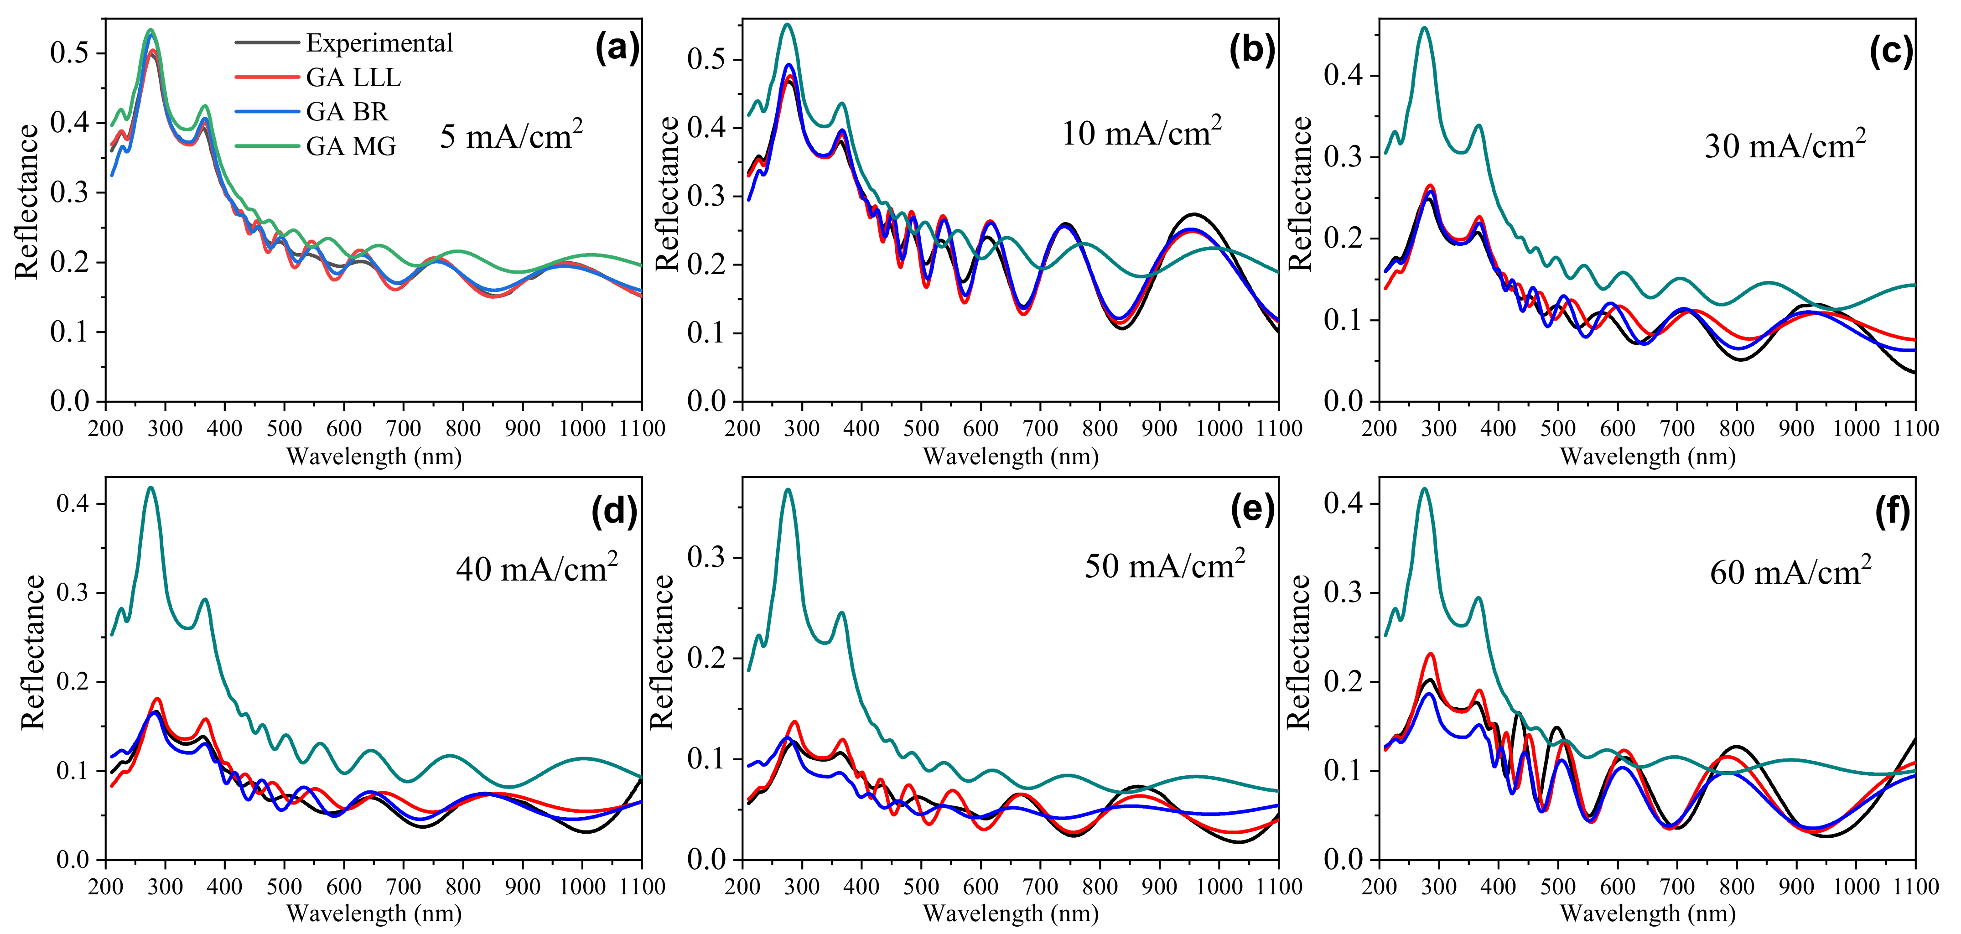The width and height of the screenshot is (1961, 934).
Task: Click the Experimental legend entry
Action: [x=379, y=43]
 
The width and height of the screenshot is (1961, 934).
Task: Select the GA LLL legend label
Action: [x=353, y=78]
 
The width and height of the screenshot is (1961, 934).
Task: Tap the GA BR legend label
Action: [x=347, y=112]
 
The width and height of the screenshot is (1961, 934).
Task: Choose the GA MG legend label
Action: [x=351, y=146]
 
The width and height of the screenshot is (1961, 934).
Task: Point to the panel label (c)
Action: [x=1891, y=51]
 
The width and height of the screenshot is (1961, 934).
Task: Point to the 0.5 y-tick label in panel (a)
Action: [x=68, y=53]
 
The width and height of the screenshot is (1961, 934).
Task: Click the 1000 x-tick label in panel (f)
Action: [x=1856, y=887]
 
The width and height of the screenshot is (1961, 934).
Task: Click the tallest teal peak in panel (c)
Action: [x=1424, y=28]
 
